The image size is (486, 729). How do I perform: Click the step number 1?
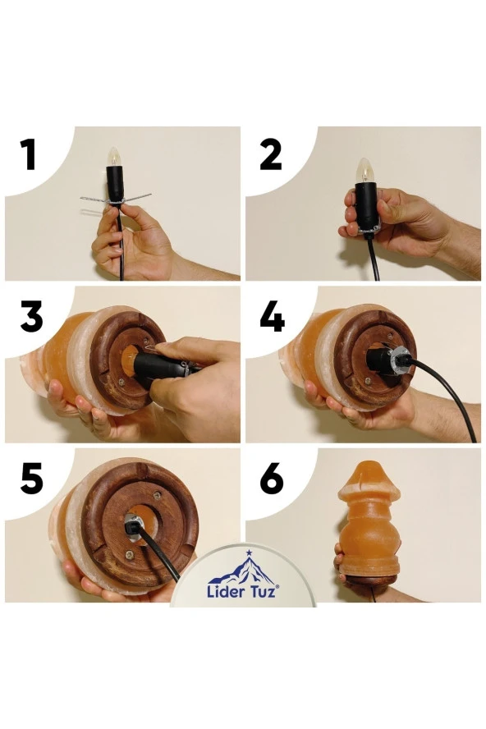tap(30, 155)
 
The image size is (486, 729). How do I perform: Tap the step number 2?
tap(271, 155)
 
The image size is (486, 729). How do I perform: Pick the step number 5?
tap(32, 479)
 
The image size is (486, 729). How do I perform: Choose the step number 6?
tap(271, 479)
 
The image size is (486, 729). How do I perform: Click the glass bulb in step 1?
tap(113, 157)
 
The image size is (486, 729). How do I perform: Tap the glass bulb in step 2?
tap(364, 170)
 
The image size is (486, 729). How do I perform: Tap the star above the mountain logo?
tap(249, 552)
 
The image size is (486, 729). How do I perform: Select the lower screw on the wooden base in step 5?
tap(129, 554)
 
